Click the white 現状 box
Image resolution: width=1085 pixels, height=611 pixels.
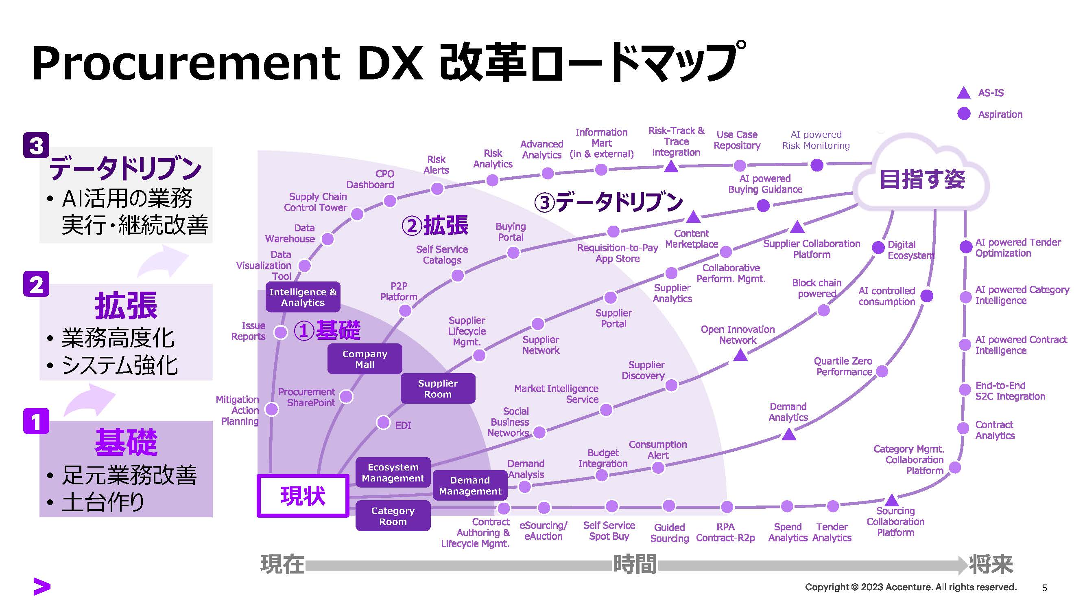tap(302, 495)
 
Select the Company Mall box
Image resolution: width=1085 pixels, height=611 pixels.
tap(365, 359)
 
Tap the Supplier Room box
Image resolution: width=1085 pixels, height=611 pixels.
tap(438, 388)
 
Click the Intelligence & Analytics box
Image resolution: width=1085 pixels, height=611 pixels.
tap(302, 297)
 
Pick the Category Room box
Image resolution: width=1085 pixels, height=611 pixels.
tap(393, 516)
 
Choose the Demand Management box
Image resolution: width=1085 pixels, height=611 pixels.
tap(469, 486)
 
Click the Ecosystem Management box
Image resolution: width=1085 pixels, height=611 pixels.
tap(393, 472)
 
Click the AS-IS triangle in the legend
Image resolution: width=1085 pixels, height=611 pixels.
tap(963, 93)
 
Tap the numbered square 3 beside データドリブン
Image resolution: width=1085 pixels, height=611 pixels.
tap(36, 145)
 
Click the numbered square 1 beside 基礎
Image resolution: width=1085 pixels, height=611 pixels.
tap(36, 421)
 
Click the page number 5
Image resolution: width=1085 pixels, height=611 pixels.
tap(1044, 588)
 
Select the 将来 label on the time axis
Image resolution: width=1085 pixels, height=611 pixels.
tap(991, 564)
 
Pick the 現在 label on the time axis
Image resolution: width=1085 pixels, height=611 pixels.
tap(282, 564)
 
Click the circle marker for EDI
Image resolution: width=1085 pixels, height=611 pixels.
tap(383, 422)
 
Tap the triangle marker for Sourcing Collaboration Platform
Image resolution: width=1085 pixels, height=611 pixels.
tap(891, 500)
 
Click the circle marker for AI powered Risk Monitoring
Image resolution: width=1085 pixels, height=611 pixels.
tap(816, 165)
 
